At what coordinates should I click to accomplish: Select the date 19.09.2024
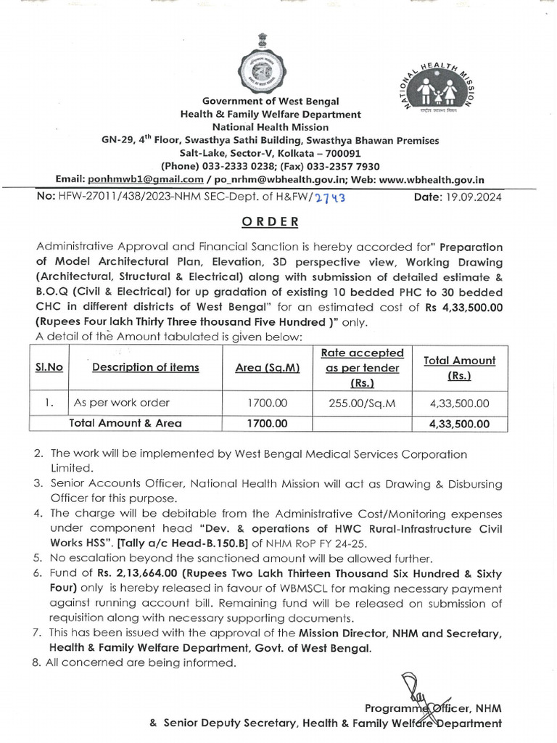pyautogui.click(x=474, y=197)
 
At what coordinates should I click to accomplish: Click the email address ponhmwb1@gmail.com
pyautogui.click(x=143, y=179)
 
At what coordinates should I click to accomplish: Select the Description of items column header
pyautogui.click(x=146, y=367)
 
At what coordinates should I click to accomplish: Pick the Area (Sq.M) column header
pyautogui.click(x=268, y=367)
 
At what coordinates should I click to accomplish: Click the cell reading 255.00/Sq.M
pyautogui.click(x=362, y=403)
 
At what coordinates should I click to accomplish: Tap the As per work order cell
pyautogui.click(x=122, y=403)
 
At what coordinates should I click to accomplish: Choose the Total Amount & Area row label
pyautogui.click(x=125, y=423)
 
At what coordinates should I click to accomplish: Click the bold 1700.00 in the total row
pyautogui.click(x=268, y=423)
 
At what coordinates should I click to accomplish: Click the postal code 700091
pyautogui.click(x=339, y=153)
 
